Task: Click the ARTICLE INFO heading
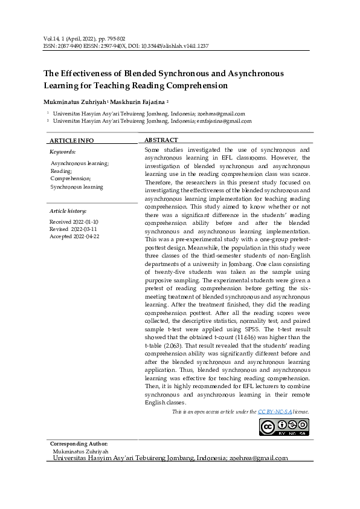71,140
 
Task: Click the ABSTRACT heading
161,140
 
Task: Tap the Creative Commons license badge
283,426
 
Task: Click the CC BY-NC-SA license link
275,412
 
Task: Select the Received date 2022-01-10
74,222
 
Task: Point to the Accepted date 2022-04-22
74,236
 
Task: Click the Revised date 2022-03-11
74,229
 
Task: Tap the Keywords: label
62,152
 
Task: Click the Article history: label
68,211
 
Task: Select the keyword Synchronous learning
77,187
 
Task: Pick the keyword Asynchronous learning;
80,163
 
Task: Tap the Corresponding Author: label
79,444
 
